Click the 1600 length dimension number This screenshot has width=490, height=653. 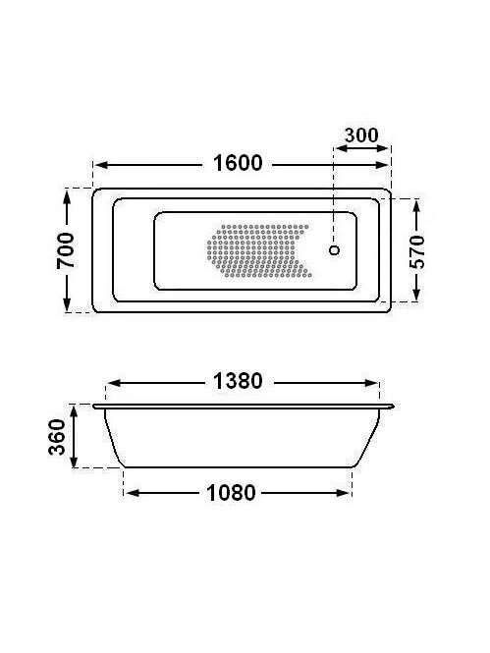point(238,163)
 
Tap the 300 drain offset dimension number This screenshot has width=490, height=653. point(361,136)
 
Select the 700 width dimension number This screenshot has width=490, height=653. point(66,250)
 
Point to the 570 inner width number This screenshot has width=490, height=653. point(416,251)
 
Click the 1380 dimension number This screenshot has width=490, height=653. point(238,381)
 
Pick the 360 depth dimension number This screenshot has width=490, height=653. point(57,437)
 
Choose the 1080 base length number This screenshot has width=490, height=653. point(231,493)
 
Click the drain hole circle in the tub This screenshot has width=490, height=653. point(334,249)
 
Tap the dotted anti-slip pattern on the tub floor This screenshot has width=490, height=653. point(259,250)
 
